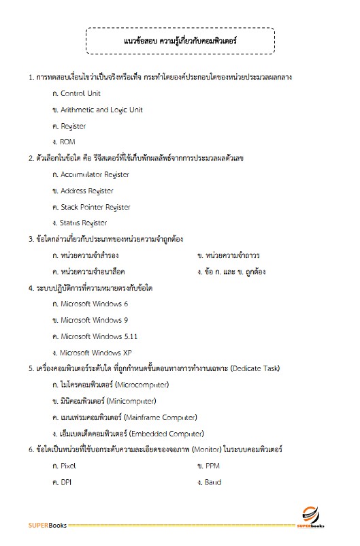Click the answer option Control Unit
(80, 93)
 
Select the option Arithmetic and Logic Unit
(101, 110)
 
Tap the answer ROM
(68, 142)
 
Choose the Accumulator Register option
(95, 174)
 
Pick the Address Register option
(87, 191)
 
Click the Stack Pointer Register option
(95, 207)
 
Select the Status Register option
(84, 223)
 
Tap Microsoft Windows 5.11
(99, 336)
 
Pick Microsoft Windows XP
(96, 353)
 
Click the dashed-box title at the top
(180, 42)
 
